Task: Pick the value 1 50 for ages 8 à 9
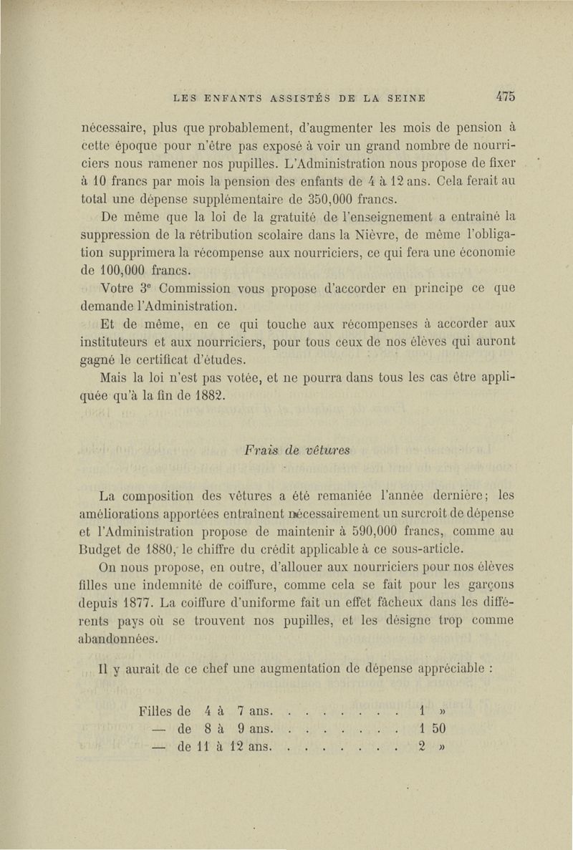[x=433, y=729]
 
